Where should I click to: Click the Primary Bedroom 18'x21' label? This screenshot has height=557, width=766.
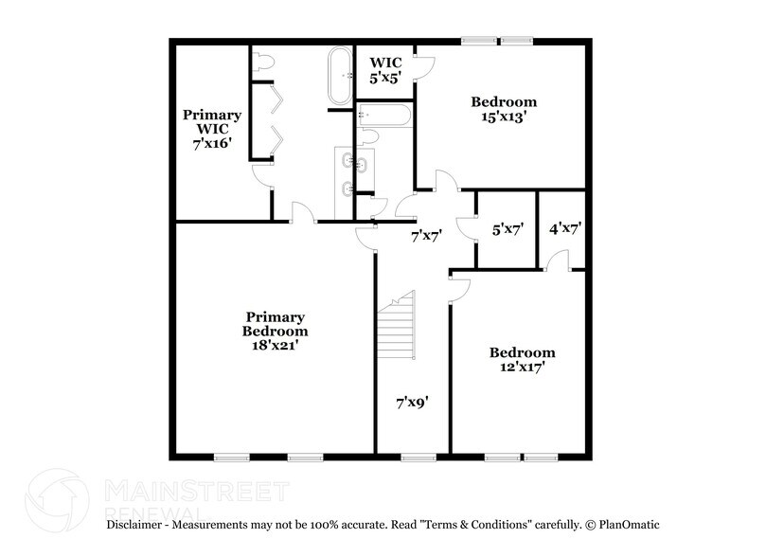coord(275,332)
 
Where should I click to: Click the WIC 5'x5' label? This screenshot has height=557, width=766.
coord(386,69)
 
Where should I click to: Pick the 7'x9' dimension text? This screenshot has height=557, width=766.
coord(413,403)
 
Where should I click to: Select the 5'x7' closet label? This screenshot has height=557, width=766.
coord(508,228)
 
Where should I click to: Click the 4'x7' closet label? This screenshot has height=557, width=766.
coord(564,228)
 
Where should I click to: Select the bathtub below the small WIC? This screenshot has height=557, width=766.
coord(384,118)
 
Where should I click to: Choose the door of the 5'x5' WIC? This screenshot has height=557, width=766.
coord(423,66)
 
